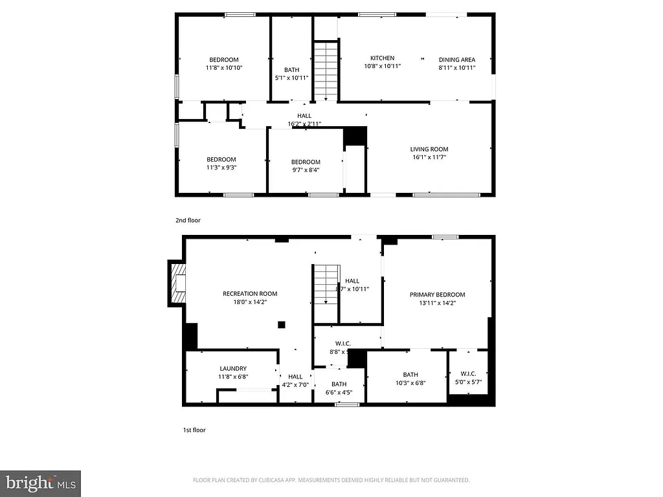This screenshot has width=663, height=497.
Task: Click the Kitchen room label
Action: [382, 58]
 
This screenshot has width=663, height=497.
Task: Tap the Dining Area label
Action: [457, 60]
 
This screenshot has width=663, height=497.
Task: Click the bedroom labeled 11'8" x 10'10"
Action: [223, 63]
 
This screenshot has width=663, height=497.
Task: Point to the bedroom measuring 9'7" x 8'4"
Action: [305, 166]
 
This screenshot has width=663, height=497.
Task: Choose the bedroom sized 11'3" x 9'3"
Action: [221, 164]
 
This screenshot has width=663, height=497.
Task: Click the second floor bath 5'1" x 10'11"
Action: [291, 74]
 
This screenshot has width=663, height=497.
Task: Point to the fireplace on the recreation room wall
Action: [177, 283]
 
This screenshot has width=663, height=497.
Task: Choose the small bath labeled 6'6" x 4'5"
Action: [339, 388]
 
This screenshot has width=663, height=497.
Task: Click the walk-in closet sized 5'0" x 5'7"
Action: [468, 377]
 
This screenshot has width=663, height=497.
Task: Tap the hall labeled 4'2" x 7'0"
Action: [295, 381]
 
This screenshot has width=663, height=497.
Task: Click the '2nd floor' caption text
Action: [188, 221]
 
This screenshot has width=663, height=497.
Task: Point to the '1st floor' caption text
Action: [194, 430]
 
